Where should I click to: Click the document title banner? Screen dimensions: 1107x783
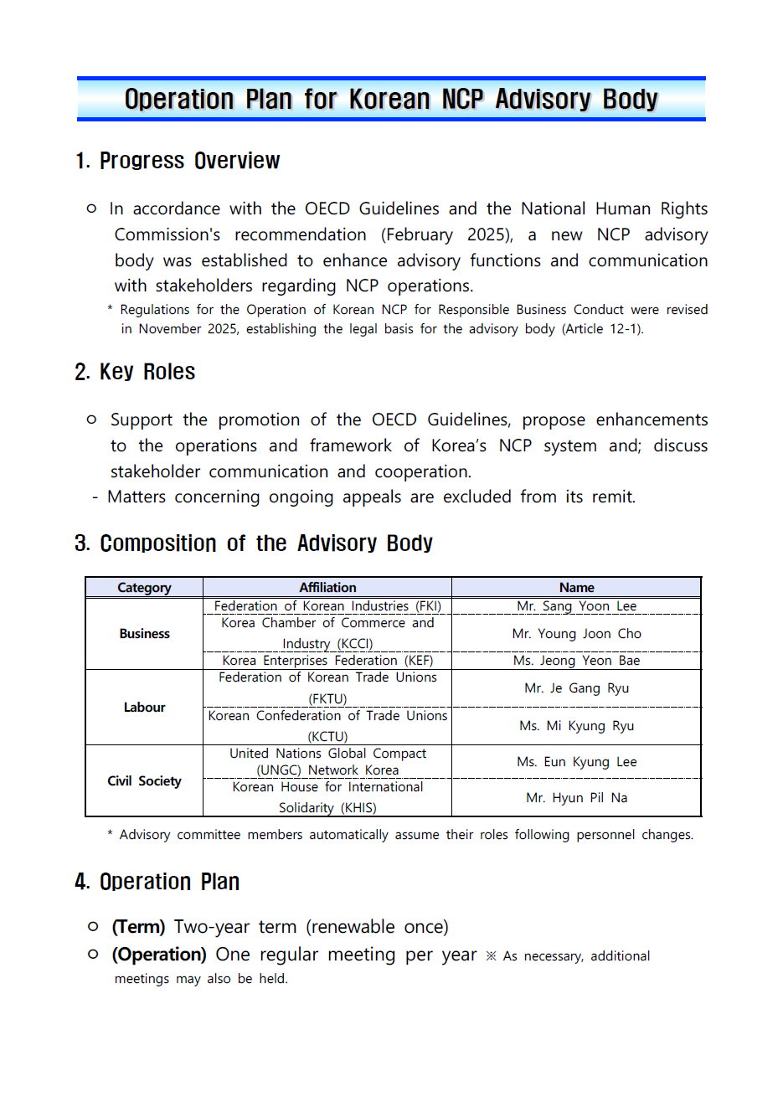[391, 100]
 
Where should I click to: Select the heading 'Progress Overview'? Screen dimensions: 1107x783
[189, 161]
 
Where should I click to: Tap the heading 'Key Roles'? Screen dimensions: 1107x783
[147, 372]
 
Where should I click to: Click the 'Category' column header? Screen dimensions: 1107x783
[144, 588]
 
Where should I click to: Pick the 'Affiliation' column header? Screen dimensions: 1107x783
[327, 588]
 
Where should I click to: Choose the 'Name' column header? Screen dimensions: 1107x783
[576, 588]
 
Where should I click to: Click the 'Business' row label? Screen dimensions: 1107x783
[144, 634]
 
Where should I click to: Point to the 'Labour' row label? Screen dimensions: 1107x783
[144, 708]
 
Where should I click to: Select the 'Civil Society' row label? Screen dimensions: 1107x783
[144, 781]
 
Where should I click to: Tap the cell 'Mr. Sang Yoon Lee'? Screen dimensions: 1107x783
[576, 606]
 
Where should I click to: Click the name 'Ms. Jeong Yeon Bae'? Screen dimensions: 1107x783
[576, 661]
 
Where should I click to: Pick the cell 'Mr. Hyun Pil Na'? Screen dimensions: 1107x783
[576, 798]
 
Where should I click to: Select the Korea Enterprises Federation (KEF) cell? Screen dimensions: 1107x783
[327, 661]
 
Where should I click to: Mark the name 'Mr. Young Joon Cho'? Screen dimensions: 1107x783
[576, 634]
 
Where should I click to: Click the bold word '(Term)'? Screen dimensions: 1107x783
[138, 927]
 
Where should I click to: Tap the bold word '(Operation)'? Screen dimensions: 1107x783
[159, 955]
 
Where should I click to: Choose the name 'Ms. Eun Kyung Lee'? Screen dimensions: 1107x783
[576, 762]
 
